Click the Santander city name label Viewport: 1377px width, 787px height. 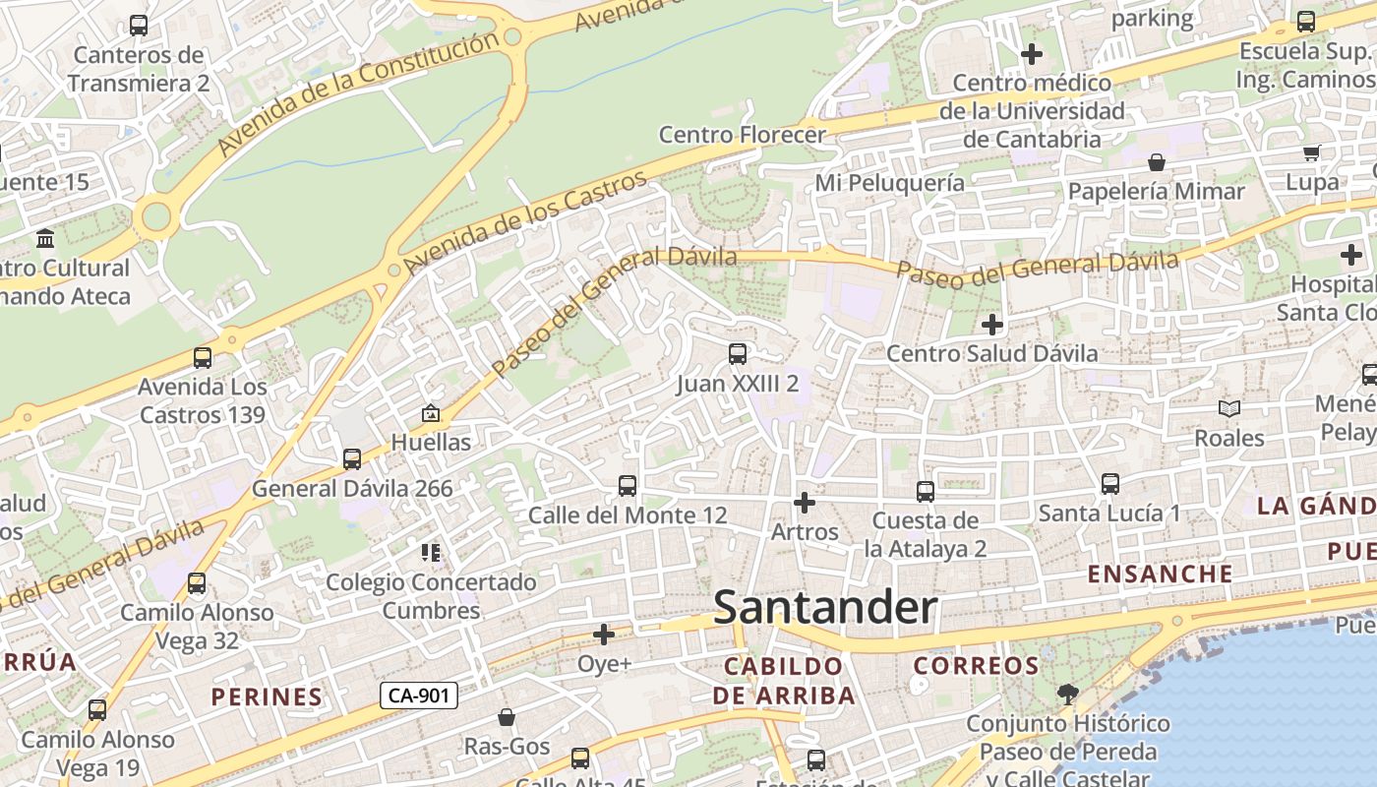coord(825,607)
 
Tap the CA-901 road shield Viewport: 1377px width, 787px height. coord(419,696)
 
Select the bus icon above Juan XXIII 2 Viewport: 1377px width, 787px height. coord(737,354)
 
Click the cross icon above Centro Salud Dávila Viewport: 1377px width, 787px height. coord(992,324)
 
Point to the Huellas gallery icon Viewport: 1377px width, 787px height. coord(430,414)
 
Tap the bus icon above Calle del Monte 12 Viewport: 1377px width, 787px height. coord(627,486)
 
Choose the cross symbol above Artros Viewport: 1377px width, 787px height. coord(805,503)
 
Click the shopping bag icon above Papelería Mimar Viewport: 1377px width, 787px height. coord(1157,162)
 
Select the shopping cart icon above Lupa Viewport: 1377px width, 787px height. coord(1311,152)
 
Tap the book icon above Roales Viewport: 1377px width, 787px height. coord(1228,408)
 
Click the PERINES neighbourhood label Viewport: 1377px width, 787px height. coord(267,696)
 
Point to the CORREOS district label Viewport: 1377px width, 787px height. coord(976,666)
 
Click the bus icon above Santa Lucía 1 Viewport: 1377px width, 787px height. coord(1109,484)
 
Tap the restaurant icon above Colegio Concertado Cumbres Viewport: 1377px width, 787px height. coord(430,553)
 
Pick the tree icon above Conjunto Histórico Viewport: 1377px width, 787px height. coord(1067,695)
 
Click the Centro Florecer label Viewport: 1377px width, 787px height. coord(742,135)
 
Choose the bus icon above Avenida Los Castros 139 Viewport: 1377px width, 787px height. coord(203,358)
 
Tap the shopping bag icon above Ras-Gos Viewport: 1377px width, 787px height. coord(507,718)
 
